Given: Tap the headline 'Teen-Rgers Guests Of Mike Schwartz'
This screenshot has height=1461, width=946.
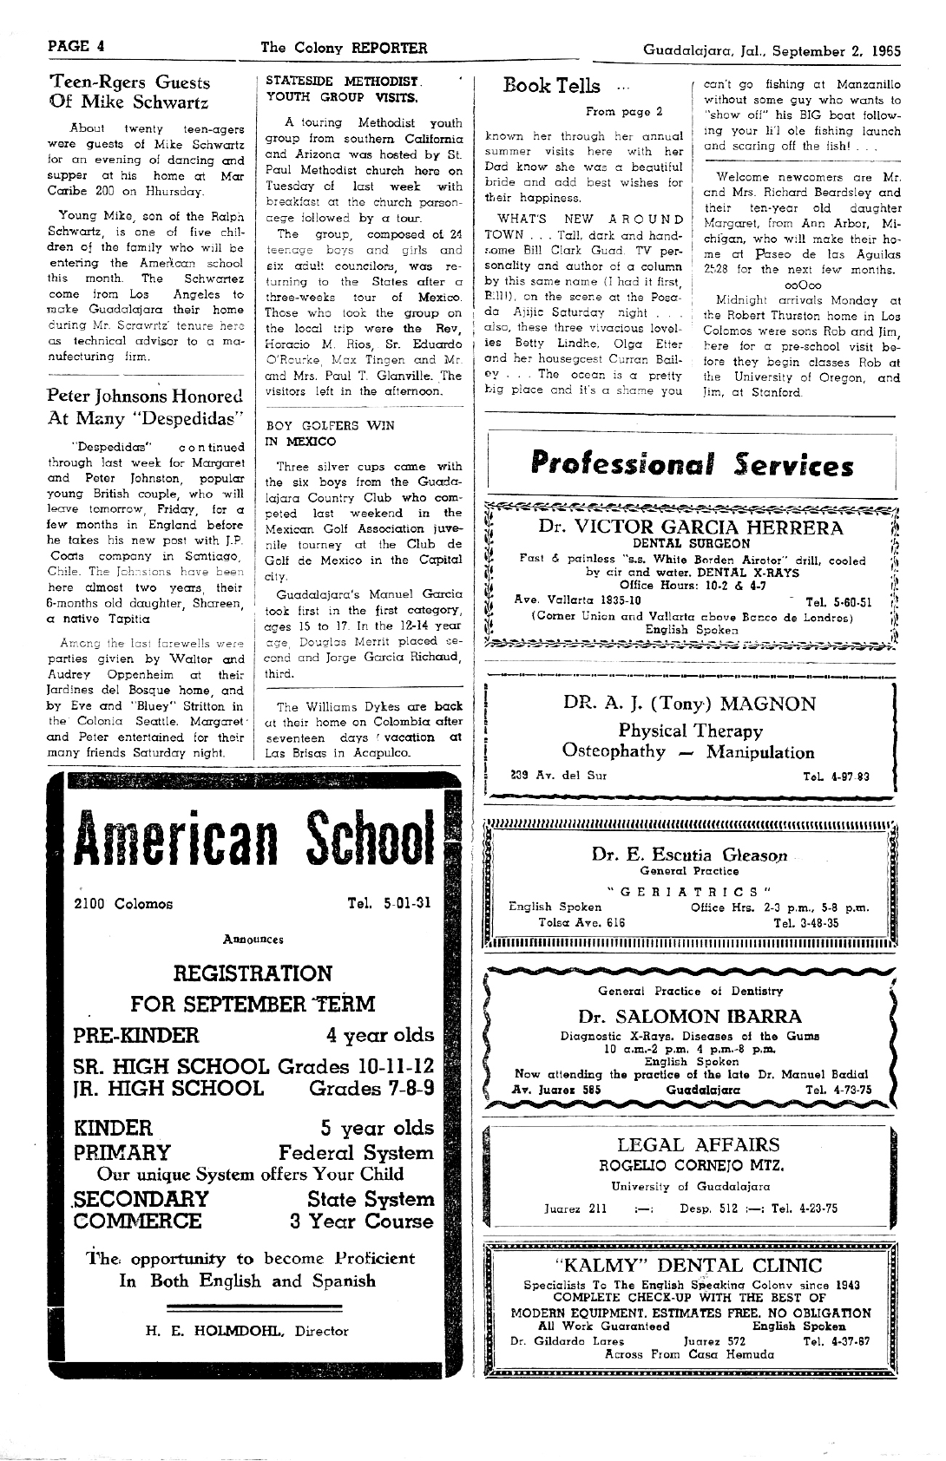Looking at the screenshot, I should (129, 92).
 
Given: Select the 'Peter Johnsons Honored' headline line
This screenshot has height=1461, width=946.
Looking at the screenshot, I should (145, 396).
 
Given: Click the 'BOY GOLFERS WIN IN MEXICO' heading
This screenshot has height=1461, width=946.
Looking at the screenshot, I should (330, 434).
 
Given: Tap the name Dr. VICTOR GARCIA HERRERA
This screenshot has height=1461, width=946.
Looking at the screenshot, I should (690, 527).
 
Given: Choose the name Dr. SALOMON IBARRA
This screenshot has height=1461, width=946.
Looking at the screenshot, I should (690, 1016).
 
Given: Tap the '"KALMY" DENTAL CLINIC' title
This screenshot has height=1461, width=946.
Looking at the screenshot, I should (688, 1264).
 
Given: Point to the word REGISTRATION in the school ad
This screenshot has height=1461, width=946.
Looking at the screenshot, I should (253, 973).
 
